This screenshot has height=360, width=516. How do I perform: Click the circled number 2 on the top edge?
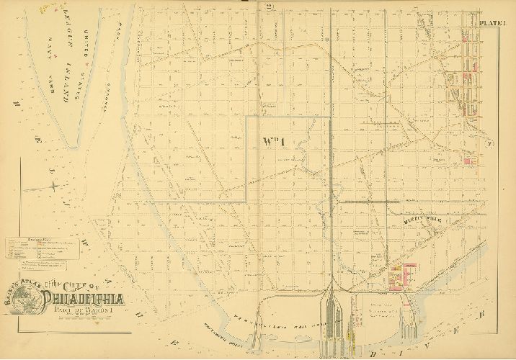point(246,8)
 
